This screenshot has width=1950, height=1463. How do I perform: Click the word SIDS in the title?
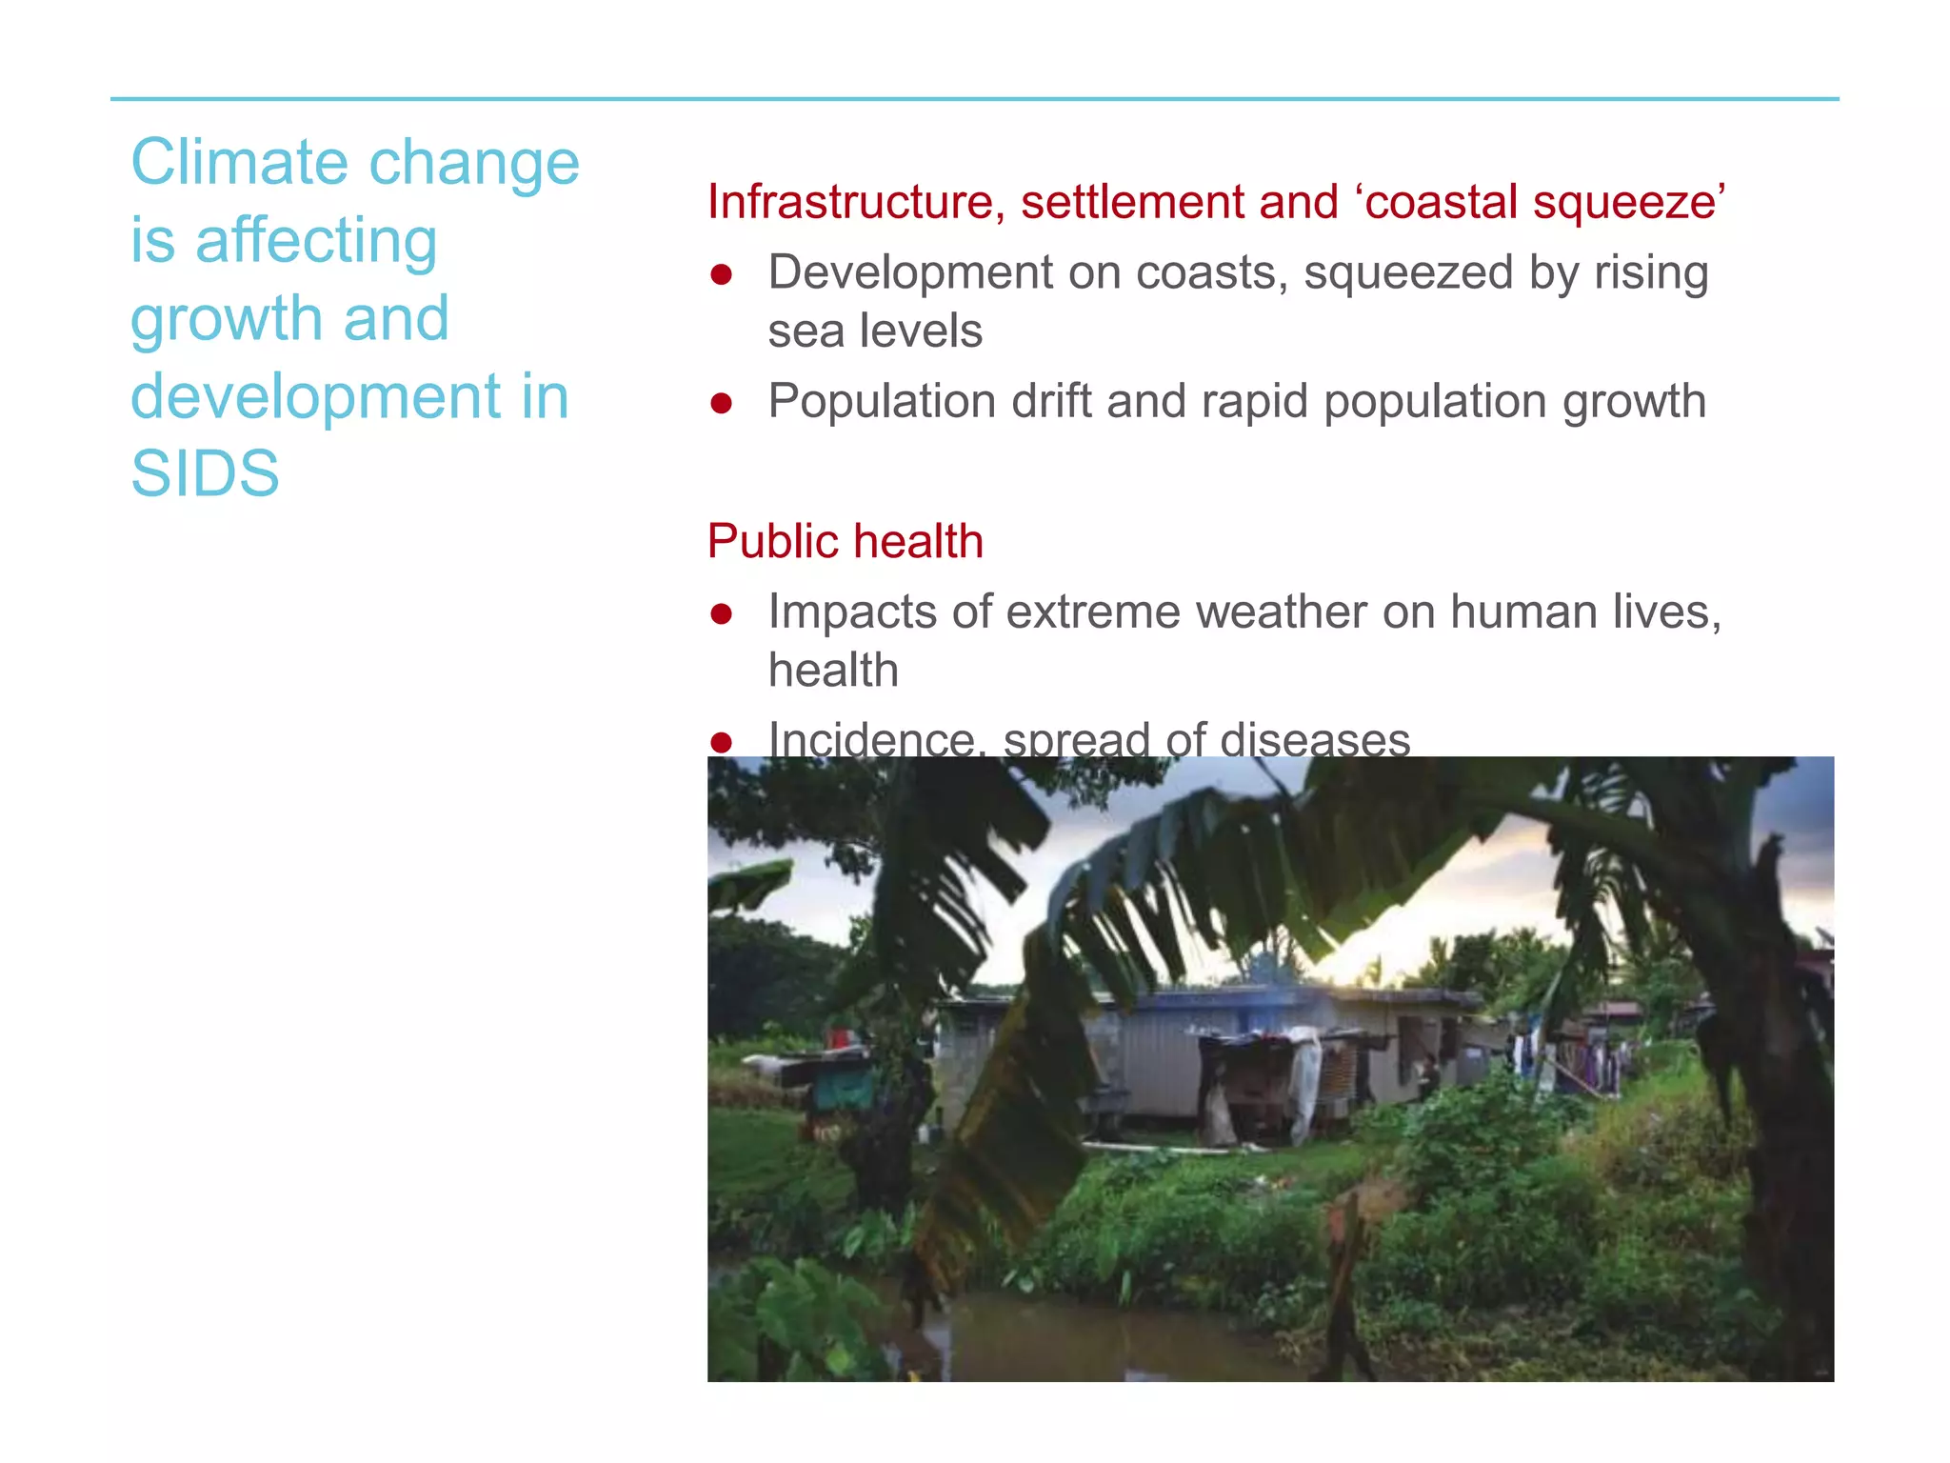coord(205,473)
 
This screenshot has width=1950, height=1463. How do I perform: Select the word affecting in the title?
coord(316,240)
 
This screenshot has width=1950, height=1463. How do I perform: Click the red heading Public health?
coord(845,541)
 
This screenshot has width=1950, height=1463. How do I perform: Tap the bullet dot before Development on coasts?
coord(721,275)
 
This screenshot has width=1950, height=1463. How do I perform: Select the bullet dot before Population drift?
coord(721,404)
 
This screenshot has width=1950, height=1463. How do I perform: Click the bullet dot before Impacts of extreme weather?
coord(721,614)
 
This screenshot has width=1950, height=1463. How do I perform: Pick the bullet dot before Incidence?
coord(721,742)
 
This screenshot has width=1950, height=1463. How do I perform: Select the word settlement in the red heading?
coord(1132,202)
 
